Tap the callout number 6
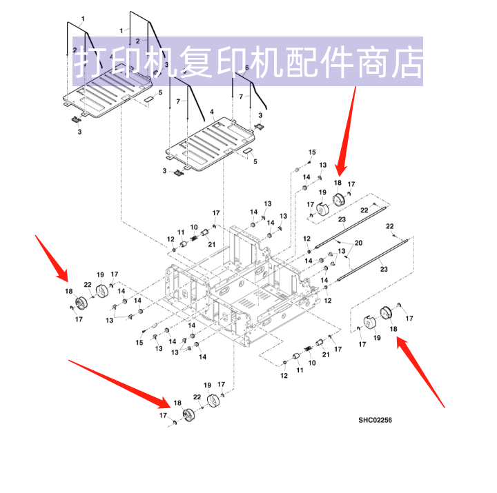pos(246,68)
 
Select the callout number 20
pos(358,243)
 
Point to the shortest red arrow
pos(52,255)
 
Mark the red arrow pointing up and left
pos(421,372)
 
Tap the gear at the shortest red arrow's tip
pos(81,302)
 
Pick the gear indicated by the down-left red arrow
pos(339,201)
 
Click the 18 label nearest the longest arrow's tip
pos(177,403)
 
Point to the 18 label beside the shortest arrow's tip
pos(69,292)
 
